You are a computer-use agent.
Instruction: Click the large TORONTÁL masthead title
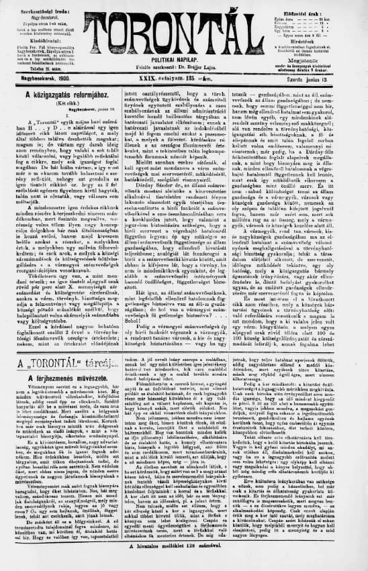click(x=182, y=26)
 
